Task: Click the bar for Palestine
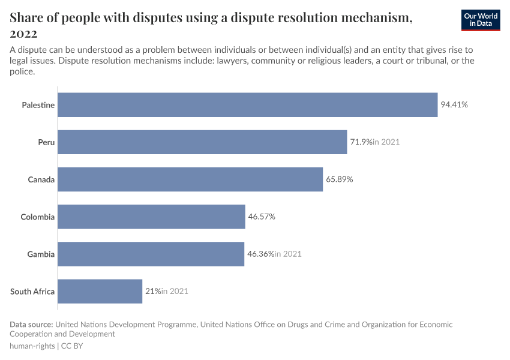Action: [x=247, y=105]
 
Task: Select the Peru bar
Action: [x=202, y=142]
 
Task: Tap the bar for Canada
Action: [x=190, y=179]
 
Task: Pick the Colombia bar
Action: [x=151, y=217]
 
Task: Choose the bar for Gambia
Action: [x=151, y=254]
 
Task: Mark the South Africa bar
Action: [x=100, y=292]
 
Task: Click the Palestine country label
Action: [x=38, y=105]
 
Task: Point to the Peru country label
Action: [x=46, y=142]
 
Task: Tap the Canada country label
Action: [x=41, y=179]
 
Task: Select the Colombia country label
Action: [x=37, y=217]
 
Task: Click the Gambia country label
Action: [x=41, y=254]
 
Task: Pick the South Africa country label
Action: [x=32, y=292]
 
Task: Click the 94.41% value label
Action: [x=454, y=105]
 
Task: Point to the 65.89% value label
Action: [x=340, y=179]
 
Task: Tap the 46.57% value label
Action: [x=262, y=217]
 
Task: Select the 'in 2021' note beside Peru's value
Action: [x=386, y=142]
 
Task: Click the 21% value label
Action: [x=152, y=292]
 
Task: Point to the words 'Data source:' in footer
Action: [x=32, y=325]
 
